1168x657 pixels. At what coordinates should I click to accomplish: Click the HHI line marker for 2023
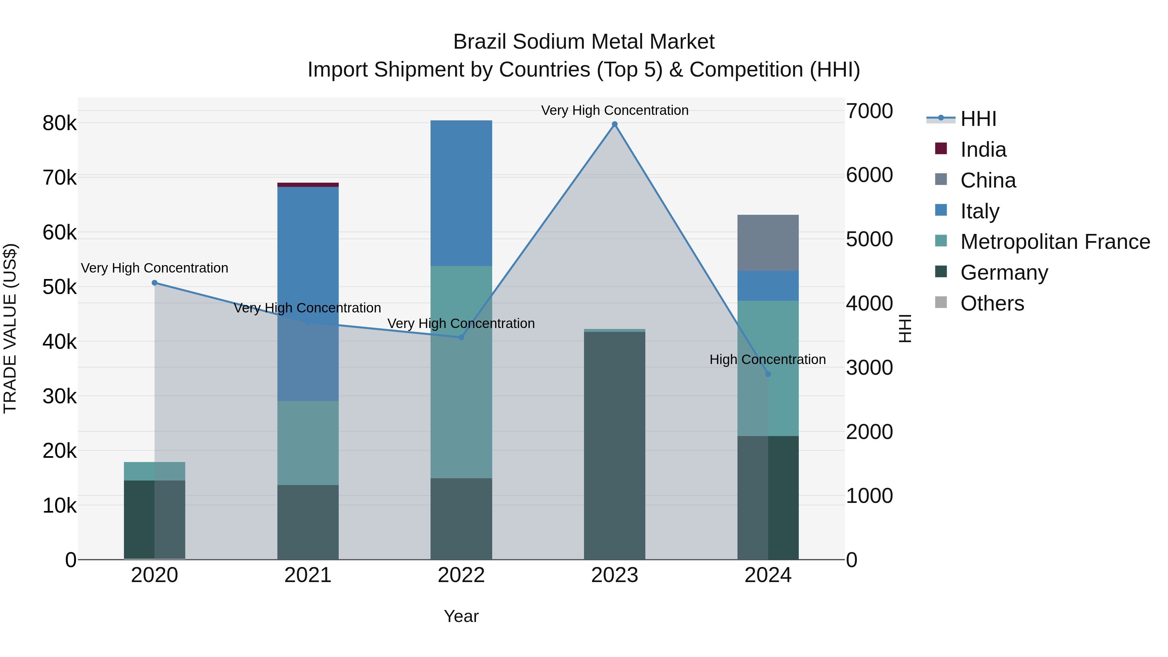click(614, 124)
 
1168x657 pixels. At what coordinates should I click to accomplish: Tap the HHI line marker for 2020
click(155, 283)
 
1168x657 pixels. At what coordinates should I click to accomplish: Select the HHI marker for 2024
click(768, 374)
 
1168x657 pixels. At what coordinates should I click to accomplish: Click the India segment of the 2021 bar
click(308, 185)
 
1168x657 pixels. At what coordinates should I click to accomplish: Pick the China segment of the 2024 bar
click(768, 243)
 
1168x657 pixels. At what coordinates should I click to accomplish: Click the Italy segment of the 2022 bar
click(461, 193)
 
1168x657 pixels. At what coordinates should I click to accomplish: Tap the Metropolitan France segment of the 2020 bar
click(155, 471)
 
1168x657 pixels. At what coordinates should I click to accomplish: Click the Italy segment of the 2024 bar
click(768, 286)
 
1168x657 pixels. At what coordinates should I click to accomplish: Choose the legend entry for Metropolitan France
click(1055, 242)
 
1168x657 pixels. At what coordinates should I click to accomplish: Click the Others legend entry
click(992, 303)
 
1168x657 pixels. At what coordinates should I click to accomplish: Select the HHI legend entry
click(978, 119)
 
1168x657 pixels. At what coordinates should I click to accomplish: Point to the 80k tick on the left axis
click(60, 123)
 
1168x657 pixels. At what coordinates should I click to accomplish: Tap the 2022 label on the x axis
click(461, 575)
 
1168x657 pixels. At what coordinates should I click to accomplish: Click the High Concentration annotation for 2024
click(767, 359)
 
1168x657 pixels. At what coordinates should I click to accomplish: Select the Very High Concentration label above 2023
click(614, 110)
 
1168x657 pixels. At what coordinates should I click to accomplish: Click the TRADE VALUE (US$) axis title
click(10, 328)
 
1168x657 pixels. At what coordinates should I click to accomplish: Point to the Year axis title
click(461, 616)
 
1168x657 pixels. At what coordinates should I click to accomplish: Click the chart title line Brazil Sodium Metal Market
click(584, 42)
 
